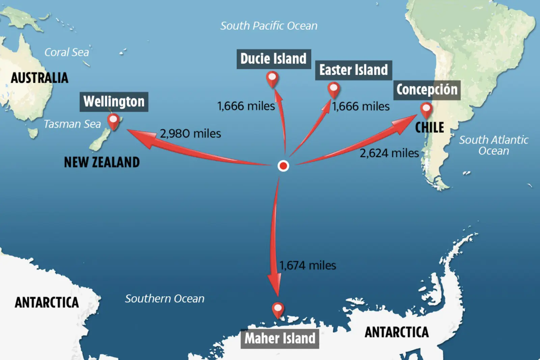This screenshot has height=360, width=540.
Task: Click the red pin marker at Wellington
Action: (x=113, y=121)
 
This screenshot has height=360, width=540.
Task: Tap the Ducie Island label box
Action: (x=273, y=59)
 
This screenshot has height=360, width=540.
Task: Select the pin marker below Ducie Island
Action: (x=272, y=78)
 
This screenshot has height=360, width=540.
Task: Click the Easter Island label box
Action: (x=353, y=70)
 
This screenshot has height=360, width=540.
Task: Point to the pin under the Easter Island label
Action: (x=333, y=89)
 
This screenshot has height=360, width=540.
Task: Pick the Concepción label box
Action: (x=427, y=90)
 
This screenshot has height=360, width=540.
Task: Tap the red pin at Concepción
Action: (x=426, y=110)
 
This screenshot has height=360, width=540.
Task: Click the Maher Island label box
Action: (x=280, y=338)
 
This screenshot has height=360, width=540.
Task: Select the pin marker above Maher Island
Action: (x=278, y=309)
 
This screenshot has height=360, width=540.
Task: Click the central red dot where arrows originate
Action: (x=283, y=166)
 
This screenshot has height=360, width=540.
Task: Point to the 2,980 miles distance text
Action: (x=190, y=134)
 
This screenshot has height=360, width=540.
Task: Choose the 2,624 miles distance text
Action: (x=389, y=153)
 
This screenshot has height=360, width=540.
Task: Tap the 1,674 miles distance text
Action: (x=307, y=265)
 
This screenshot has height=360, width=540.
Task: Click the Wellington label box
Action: (x=114, y=102)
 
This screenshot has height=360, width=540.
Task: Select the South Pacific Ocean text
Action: (x=269, y=26)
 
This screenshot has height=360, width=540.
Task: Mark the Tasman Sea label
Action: (x=72, y=124)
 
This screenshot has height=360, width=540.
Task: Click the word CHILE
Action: (x=429, y=128)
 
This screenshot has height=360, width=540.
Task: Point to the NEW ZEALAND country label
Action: (x=102, y=162)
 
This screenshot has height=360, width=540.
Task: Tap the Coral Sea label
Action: (x=66, y=52)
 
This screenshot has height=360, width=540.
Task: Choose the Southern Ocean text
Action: (x=165, y=299)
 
